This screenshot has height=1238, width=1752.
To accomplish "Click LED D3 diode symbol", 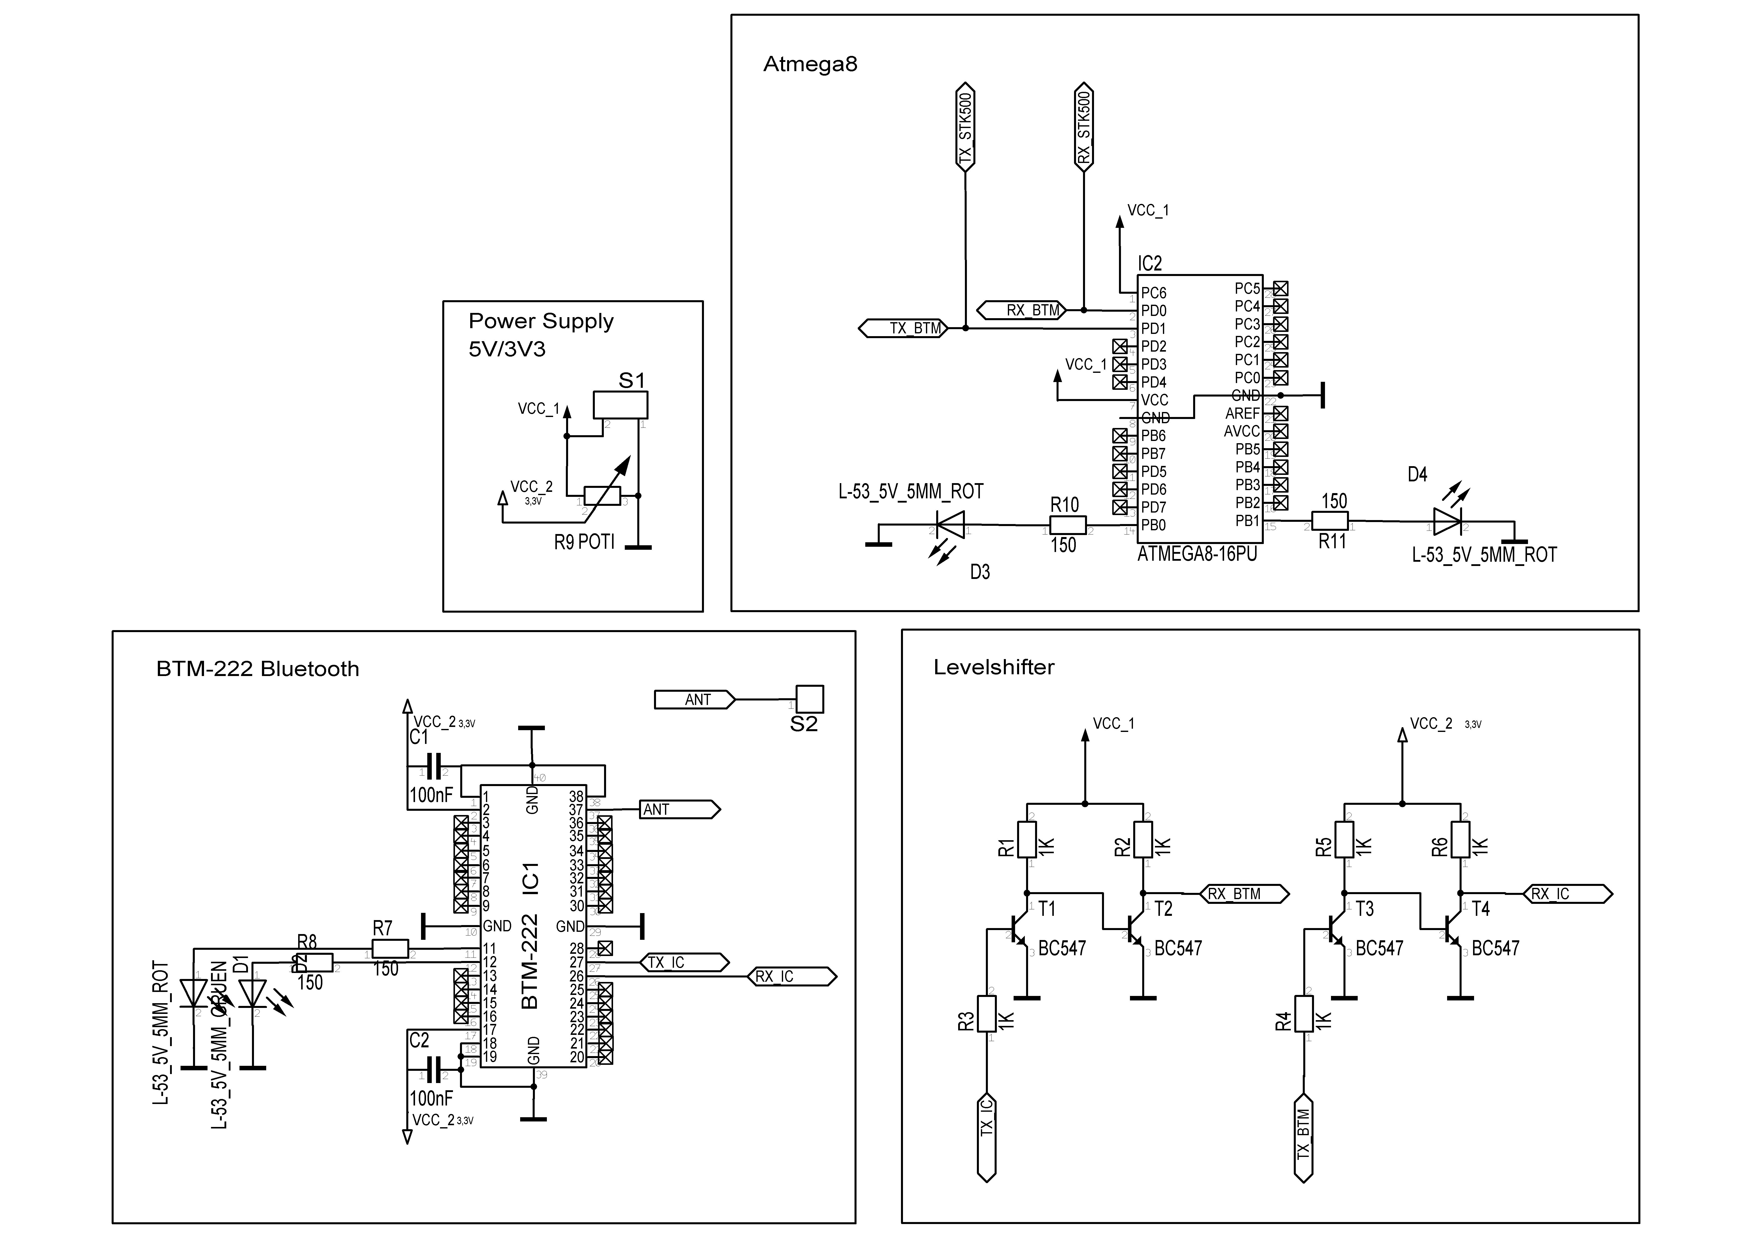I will coord(951,525).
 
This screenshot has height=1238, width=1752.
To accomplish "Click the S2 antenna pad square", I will coord(810,699).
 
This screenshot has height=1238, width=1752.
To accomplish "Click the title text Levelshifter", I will coord(994,668).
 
